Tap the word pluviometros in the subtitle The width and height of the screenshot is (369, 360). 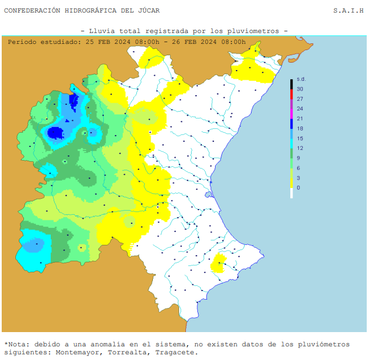[x=252, y=31]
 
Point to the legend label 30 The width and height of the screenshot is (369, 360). [x=300, y=89]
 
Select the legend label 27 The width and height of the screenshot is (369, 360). [x=300, y=99]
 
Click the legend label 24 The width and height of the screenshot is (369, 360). [x=300, y=109]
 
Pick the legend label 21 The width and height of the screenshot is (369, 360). [x=300, y=118]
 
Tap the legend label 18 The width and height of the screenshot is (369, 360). [x=300, y=129]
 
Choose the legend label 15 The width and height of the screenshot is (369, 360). [x=300, y=138]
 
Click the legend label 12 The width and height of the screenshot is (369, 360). [x=300, y=148]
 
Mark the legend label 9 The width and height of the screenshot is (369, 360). [x=298, y=158]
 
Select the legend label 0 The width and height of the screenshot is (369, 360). [x=298, y=187]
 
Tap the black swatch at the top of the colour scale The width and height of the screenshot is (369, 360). [x=291, y=84]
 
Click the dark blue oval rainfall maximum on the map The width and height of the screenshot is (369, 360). [x=55, y=133]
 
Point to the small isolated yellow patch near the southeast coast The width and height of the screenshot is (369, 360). [x=218, y=264]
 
